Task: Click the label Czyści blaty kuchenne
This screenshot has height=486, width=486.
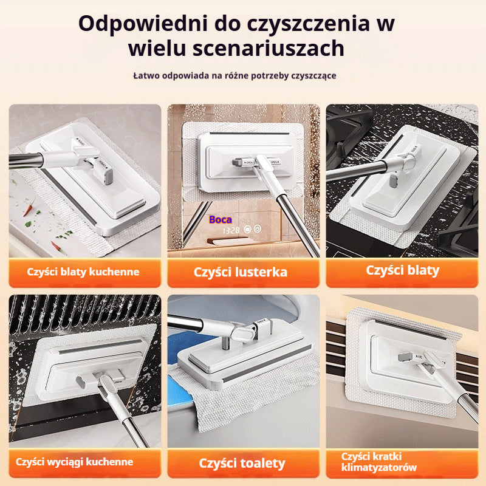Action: pyautogui.click(x=83, y=272)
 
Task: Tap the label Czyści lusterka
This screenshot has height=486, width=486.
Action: pyautogui.click(x=241, y=272)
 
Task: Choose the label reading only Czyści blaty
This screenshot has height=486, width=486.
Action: pyautogui.click(x=402, y=270)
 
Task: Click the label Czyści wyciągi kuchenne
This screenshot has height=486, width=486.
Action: pyautogui.click(x=75, y=462)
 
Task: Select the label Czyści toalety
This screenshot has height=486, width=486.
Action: pyautogui.click(x=242, y=463)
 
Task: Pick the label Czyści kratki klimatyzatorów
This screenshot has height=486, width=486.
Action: pyautogui.click(x=379, y=462)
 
